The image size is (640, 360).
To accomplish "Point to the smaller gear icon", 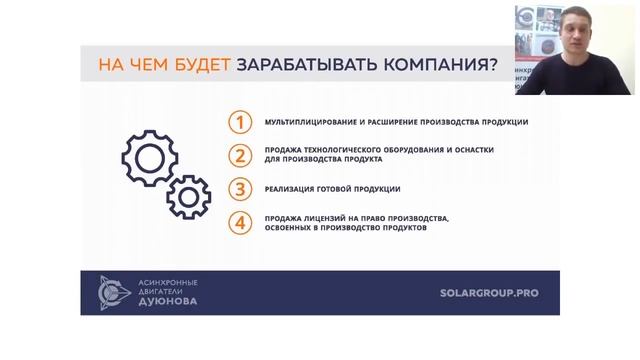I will pos(188,196).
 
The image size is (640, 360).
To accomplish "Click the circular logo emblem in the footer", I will pos(113,293).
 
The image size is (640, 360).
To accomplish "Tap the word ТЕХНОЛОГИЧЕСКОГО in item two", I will pos(343,150).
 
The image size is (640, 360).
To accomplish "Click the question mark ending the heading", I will pos(491,66).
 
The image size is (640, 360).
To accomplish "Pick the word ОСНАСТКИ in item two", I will pos(471,150).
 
